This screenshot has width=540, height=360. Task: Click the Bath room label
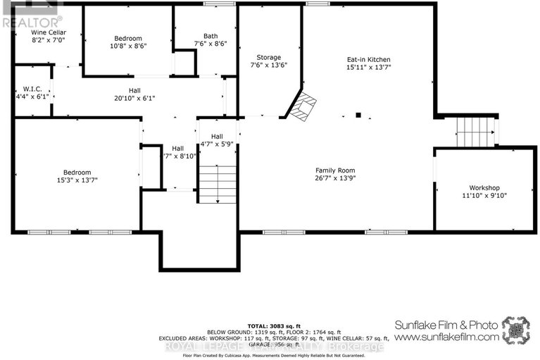coord(211,36)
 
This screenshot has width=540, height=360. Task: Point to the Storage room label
coord(268,57)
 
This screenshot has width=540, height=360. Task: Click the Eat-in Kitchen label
coord(368,59)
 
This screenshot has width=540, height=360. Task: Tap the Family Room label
coord(335,170)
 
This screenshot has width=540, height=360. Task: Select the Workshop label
coord(484,188)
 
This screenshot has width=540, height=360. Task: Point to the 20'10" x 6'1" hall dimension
coord(134,98)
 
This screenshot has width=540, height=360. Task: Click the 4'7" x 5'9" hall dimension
coord(217,144)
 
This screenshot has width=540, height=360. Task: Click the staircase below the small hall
coord(217,184)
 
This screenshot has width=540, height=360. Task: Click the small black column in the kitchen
coord(358,114)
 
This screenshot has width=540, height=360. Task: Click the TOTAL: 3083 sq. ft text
coord(270,325)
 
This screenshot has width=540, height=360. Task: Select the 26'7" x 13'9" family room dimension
coord(335,179)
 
